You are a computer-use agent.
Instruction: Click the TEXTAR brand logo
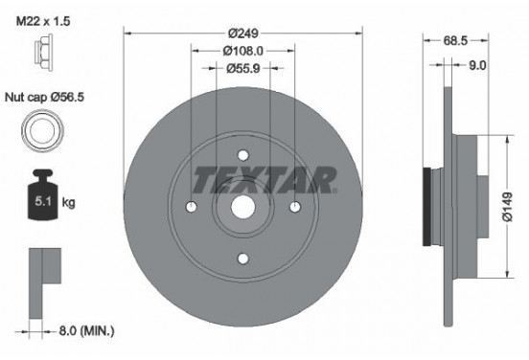pyautogui.click(x=263, y=178)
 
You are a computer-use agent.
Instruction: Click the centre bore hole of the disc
pyautogui.click(x=242, y=208)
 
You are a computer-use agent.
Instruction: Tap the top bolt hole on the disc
pyautogui.click(x=242, y=156)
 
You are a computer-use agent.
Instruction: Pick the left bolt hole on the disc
pyautogui.click(x=192, y=208)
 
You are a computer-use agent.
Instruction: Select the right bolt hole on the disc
pyautogui.click(x=294, y=208)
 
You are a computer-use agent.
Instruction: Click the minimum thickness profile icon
pyautogui.click(x=42, y=277)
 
